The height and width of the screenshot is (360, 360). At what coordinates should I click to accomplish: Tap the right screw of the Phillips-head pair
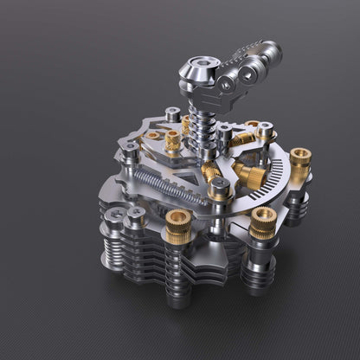point(136,212)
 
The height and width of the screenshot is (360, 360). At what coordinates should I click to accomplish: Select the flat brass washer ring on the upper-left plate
point(153,135)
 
